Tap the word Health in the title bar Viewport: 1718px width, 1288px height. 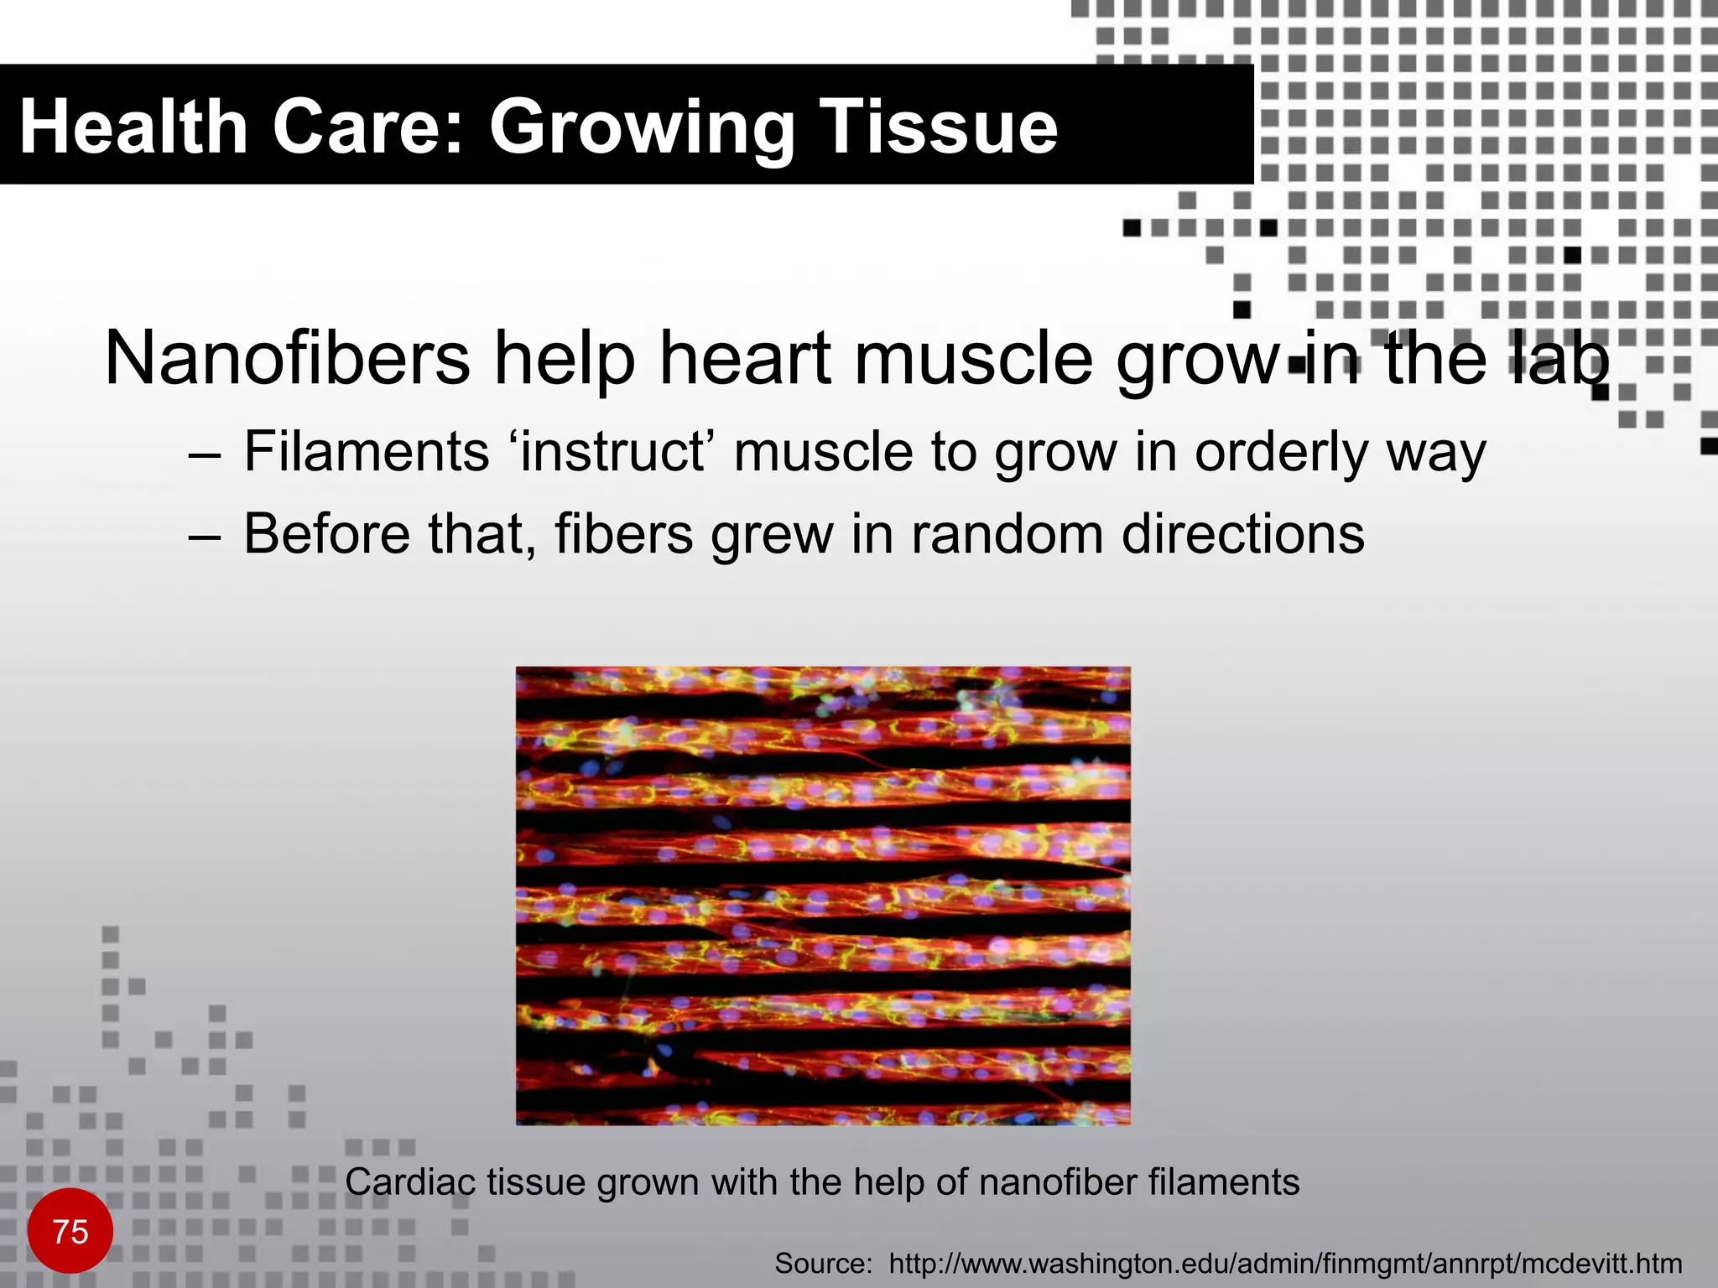(133, 127)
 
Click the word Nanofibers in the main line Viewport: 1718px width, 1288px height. (287, 359)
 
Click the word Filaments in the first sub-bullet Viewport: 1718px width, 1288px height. (367, 452)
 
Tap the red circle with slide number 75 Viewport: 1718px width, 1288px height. (70, 1231)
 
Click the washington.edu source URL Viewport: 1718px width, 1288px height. (1284, 1263)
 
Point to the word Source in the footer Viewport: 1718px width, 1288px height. (822, 1263)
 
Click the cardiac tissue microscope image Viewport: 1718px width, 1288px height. (823, 896)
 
